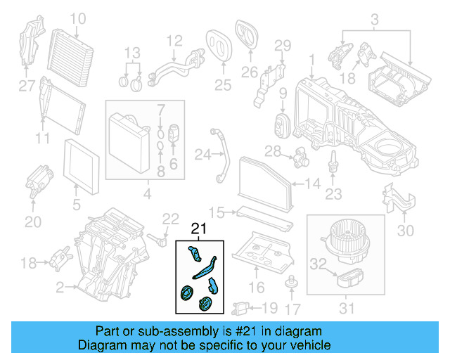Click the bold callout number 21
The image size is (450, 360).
[x=199, y=229]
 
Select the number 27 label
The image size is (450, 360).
[x=26, y=86]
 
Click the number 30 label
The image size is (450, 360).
[x=406, y=229]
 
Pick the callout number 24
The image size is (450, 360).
[x=184, y=154]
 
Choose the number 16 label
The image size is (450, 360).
[x=257, y=286]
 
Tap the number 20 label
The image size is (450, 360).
[x=32, y=222]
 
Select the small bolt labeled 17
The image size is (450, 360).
[x=288, y=283]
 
